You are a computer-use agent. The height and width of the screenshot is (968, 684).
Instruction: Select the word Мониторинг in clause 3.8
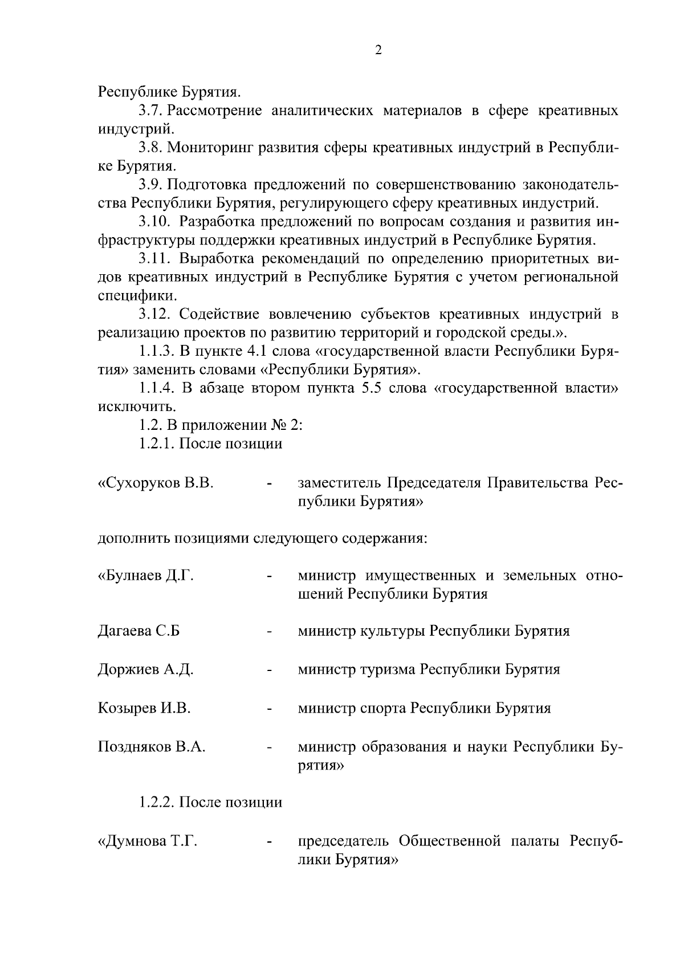209,148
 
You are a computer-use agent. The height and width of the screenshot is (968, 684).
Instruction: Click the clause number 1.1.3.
157,351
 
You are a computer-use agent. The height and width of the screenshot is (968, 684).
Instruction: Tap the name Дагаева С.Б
139,631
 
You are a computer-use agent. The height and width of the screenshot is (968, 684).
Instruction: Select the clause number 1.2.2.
157,803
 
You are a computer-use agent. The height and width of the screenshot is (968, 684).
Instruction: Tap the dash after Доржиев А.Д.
268,670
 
